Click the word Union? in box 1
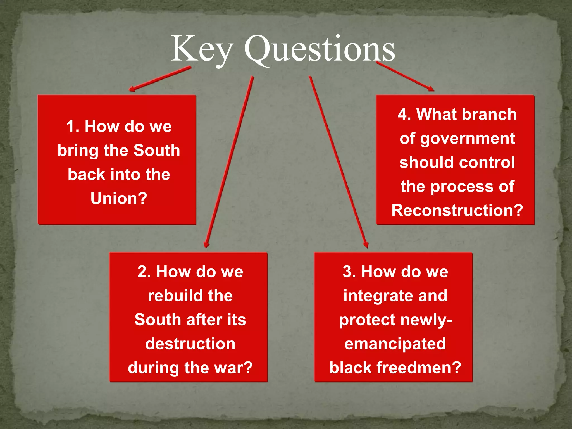tap(119, 199)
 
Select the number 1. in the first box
tap(73, 127)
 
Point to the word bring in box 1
tap(78, 151)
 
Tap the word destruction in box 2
tap(190, 344)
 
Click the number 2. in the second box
tap(144, 272)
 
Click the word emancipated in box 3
tap(395, 344)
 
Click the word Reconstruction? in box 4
tap(457, 211)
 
